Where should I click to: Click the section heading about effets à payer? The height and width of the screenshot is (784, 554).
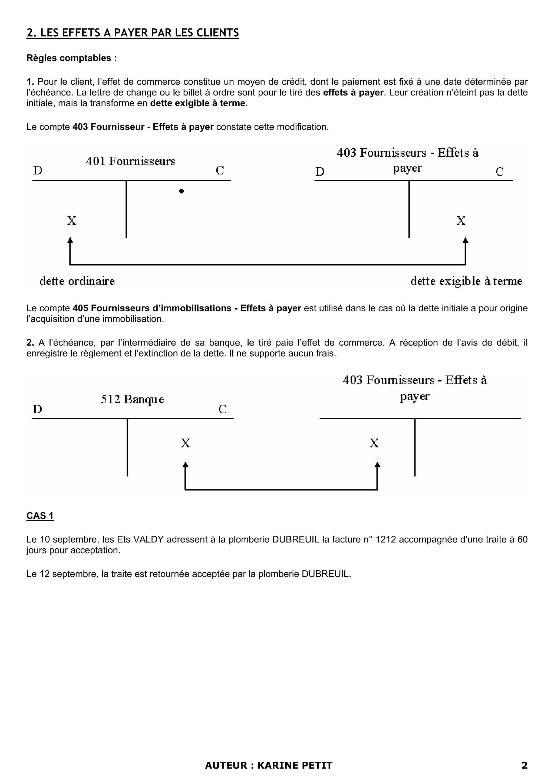pos(133,33)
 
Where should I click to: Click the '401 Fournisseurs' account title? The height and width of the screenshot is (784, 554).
pos(131,161)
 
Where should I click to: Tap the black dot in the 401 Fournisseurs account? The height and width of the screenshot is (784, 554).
pos(181,191)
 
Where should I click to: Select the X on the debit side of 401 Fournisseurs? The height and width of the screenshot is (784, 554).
pos(71,220)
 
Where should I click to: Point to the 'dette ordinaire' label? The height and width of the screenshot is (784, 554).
pos(77,281)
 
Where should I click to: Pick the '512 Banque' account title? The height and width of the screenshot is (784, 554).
pos(133,399)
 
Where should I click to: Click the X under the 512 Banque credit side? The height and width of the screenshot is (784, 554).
pos(185,443)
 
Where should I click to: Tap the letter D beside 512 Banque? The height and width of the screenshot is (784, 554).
pos(37,409)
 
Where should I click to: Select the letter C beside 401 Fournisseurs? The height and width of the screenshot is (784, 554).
pos(220,170)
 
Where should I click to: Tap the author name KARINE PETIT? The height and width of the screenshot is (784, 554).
pos(295,765)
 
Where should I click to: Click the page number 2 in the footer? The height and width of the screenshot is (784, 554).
pos(525,765)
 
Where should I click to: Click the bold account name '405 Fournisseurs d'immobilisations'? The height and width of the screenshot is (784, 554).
pos(152,308)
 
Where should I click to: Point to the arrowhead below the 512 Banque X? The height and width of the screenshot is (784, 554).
pos(185,465)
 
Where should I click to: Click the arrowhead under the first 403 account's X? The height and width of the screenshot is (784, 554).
pos(465,241)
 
